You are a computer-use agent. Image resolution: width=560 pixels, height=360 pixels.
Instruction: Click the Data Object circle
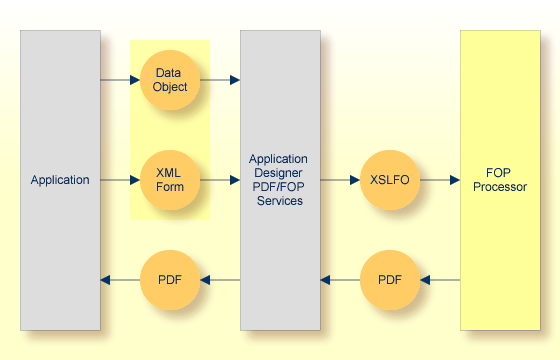tap(170, 80)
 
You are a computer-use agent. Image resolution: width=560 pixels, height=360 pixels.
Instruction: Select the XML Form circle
tap(170, 180)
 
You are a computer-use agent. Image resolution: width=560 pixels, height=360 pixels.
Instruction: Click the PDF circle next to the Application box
tap(170, 280)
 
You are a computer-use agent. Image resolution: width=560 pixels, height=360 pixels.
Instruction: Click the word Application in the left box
tap(60, 180)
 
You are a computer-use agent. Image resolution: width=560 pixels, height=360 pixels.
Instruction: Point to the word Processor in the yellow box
tap(500, 187)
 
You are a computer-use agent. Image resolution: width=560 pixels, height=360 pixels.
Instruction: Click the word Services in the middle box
tap(280, 201)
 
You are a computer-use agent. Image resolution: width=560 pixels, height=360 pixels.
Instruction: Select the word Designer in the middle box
tap(280, 173)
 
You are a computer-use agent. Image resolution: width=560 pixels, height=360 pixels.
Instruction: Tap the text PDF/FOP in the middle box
tap(280, 187)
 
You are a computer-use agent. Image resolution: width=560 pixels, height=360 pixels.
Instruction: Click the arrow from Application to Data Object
tap(120, 80)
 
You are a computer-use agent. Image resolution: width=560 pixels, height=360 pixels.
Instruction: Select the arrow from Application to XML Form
tap(120, 180)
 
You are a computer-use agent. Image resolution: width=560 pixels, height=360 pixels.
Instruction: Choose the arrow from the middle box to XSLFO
tap(340, 180)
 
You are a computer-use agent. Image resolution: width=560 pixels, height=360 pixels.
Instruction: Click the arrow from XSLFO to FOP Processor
tap(440, 180)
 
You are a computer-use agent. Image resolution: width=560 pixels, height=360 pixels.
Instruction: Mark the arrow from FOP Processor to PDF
tap(440, 280)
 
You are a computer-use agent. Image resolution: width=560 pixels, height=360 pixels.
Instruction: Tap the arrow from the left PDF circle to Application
tap(120, 280)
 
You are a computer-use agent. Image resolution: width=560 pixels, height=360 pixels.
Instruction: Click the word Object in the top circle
tap(170, 87)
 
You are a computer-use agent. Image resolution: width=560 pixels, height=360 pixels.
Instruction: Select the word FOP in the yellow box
tap(500, 173)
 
